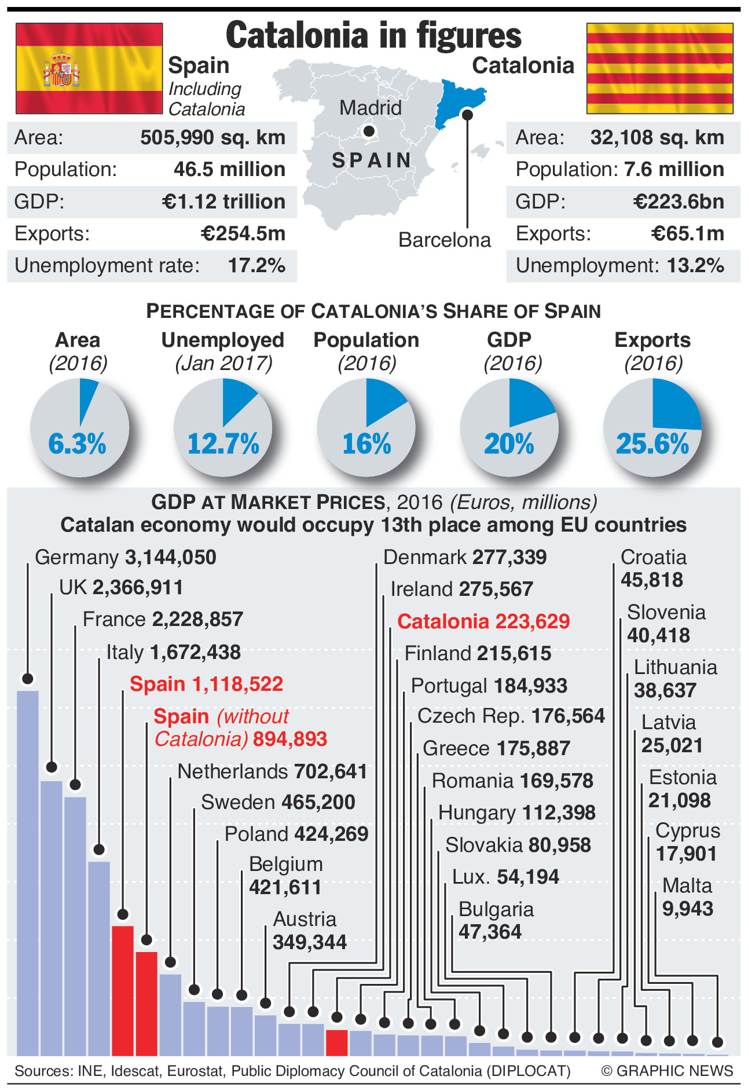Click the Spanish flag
89,68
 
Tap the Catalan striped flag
659,68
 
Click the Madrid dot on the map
369,131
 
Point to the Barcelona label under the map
444,240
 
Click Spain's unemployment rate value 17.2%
256,266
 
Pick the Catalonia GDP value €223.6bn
678,202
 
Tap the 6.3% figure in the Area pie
78,444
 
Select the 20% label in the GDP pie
509,444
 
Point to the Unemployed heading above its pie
223,340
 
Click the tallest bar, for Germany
28,869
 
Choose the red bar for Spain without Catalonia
146,1002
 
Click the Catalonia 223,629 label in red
483,621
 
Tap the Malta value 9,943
687,909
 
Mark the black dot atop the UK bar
52,767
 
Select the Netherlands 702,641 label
272,771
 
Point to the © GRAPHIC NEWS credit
667,1071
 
